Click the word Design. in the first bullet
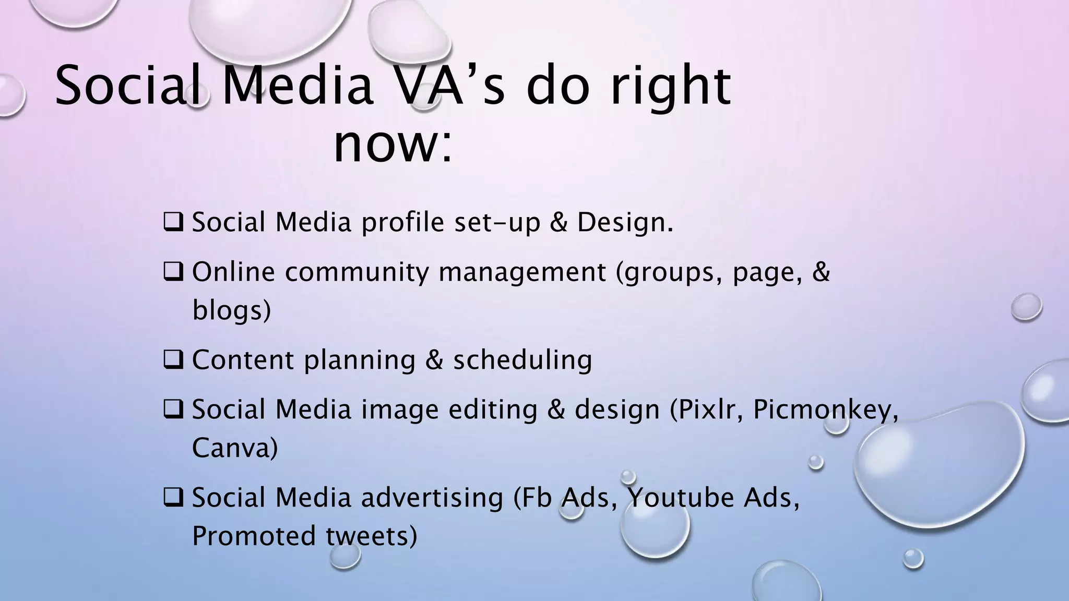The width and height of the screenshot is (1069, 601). [625, 223]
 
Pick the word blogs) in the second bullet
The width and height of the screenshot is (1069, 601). [232, 311]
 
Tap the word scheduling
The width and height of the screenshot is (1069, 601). [522, 360]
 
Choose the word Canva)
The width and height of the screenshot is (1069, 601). [235, 448]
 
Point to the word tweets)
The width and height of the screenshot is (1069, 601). [372, 536]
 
